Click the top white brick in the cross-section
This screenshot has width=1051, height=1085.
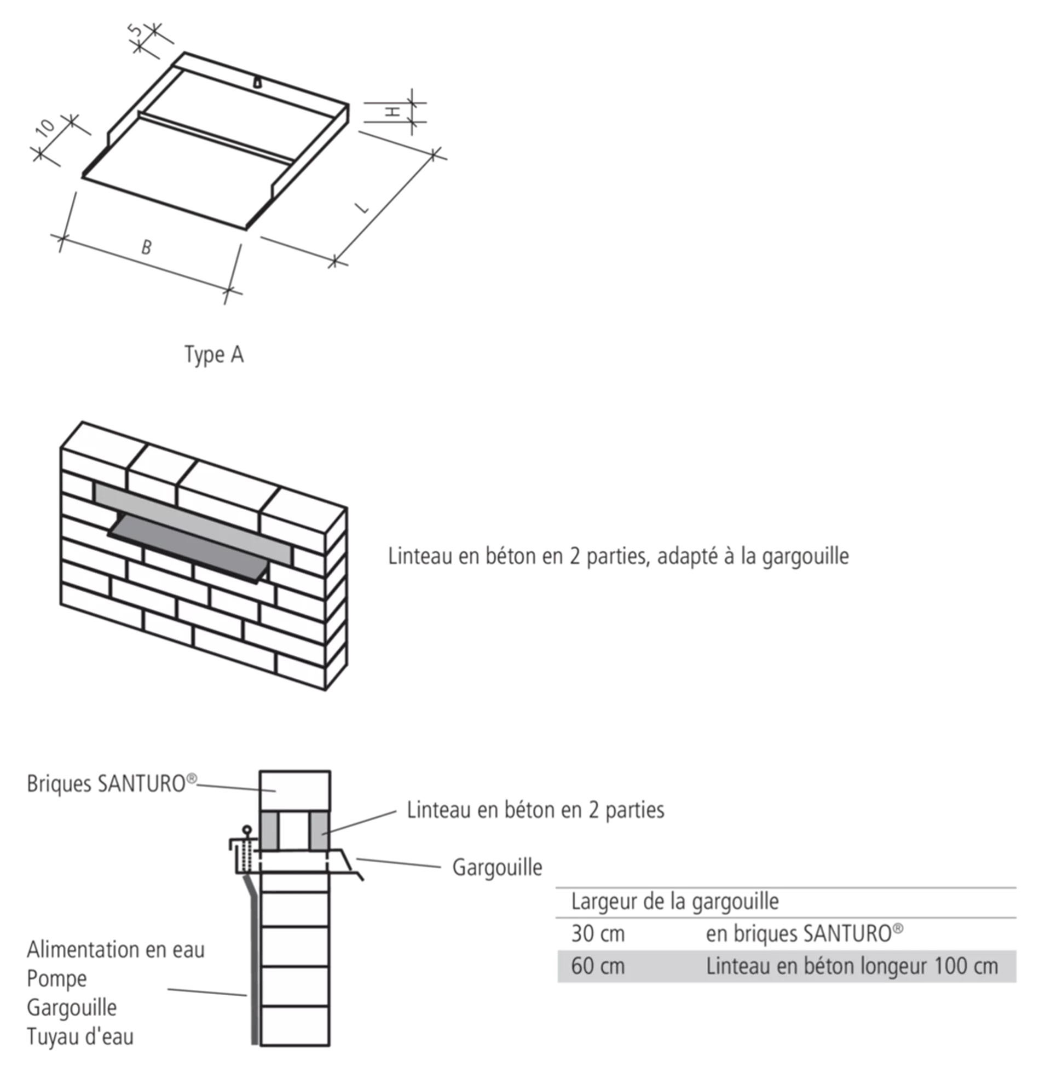pos(294,792)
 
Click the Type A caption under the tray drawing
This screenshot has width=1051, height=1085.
pos(213,354)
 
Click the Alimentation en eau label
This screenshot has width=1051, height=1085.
pos(116,950)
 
